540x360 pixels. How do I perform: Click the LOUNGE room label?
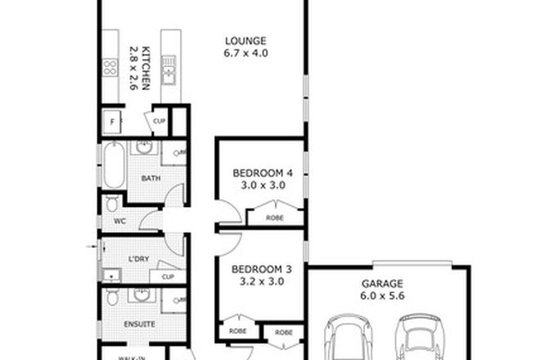tap(245, 40)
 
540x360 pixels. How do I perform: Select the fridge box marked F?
tap(112, 123)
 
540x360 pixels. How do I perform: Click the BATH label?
tap(150, 178)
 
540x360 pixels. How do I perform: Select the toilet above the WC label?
tap(112, 203)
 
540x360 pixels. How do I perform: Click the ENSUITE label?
tap(141, 325)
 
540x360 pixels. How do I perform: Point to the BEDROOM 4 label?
tap(261, 173)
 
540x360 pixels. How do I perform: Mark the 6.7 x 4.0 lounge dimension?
tap(245, 53)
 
